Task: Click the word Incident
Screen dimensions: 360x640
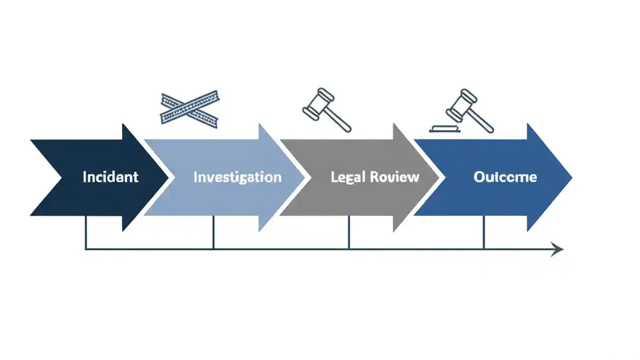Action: (x=110, y=177)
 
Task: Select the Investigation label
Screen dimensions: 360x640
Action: (x=237, y=177)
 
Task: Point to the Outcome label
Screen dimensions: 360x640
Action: (x=505, y=177)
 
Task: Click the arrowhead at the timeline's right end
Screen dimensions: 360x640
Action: (x=557, y=248)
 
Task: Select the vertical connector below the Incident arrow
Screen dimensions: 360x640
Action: (x=86, y=232)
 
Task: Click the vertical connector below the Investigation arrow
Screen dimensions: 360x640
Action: (x=213, y=232)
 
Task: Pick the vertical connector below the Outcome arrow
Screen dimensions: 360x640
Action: (x=483, y=232)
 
